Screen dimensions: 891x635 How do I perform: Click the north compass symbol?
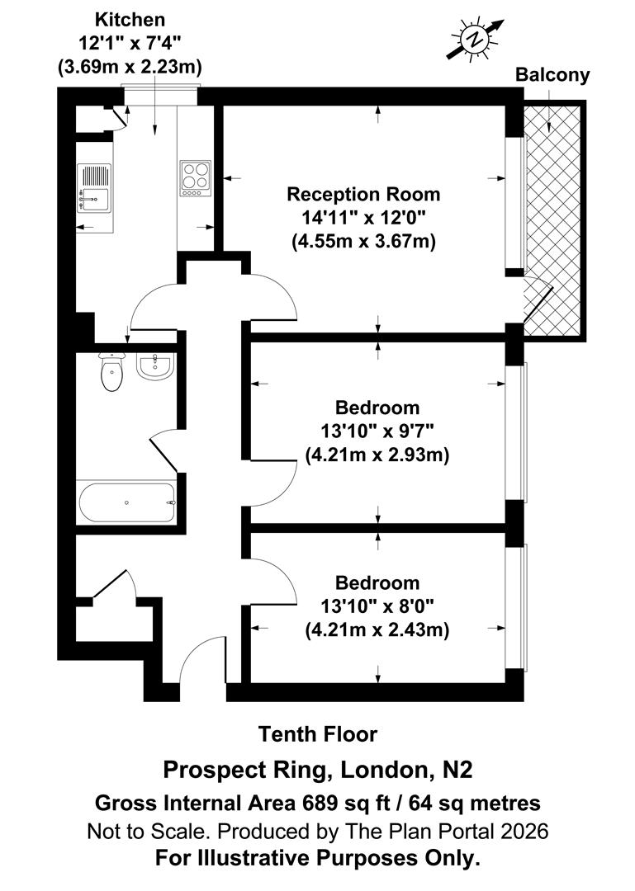coord(475,38)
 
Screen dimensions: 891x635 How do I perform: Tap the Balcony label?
coord(552,75)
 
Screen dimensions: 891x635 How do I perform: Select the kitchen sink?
coord(93,186)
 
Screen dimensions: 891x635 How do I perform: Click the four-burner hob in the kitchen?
coord(196,177)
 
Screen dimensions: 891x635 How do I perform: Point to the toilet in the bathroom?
coord(111,372)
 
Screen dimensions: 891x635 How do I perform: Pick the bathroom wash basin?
coord(154,365)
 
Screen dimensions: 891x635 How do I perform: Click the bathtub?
coord(126,502)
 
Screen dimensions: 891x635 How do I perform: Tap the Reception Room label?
coord(363,195)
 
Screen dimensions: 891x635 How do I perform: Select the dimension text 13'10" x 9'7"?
coord(377,431)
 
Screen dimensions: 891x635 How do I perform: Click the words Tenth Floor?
coord(318,733)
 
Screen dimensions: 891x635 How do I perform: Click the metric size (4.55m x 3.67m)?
coord(363,243)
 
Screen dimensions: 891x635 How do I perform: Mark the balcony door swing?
coord(537,301)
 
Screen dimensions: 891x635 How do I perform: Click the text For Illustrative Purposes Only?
coord(318,858)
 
